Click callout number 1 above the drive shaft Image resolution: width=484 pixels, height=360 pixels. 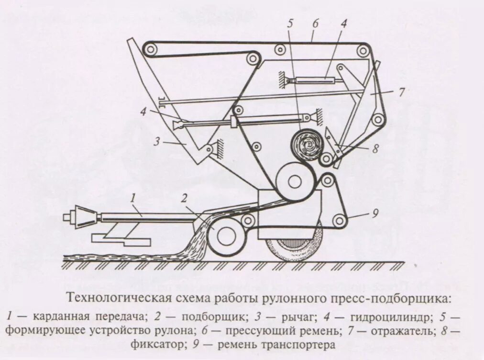pos(135,197)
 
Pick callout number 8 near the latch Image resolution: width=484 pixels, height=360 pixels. pos(375,149)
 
